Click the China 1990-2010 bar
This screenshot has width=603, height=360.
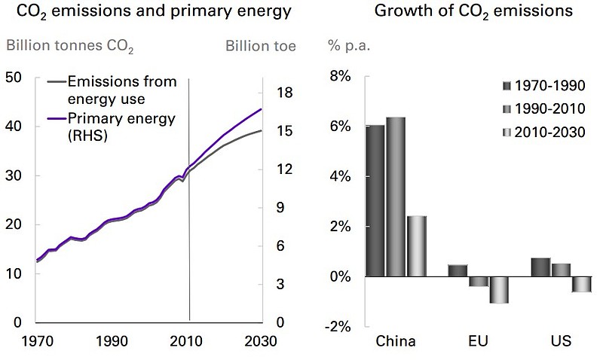tap(396, 197)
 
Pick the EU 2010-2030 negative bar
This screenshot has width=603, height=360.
tap(498, 290)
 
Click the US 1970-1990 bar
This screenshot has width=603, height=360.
tap(540, 267)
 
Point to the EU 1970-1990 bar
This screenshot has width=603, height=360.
tap(458, 270)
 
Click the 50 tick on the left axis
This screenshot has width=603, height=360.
tap(14, 77)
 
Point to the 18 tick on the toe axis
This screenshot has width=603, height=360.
tap(284, 93)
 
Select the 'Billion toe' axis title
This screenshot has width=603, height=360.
tap(260, 46)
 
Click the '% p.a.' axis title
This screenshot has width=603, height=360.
tap(346, 46)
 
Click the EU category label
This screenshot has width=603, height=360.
tap(478, 341)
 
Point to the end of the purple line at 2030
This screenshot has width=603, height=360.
tap(262, 109)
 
